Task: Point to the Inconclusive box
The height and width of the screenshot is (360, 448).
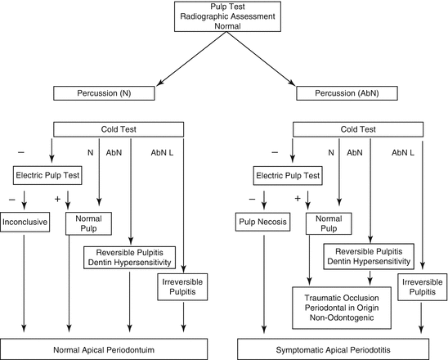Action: (26, 221)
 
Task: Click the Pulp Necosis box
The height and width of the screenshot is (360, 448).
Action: (259, 221)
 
